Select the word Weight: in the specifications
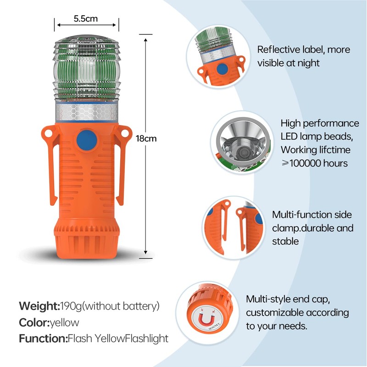point(39,306)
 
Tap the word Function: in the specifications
point(43,339)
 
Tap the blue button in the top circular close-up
point(222,69)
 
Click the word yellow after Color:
point(65,323)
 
